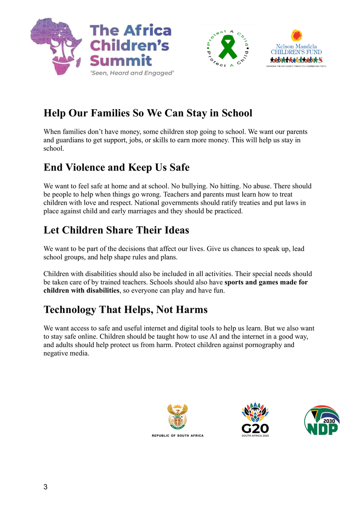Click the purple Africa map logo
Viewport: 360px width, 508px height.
click(x=58, y=46)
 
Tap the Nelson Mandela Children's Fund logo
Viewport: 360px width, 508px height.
click(x=296, y=49)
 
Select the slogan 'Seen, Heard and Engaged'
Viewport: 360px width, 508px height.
click(x=132, y=73)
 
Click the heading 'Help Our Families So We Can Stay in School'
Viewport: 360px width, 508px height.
click(x=148, y=113)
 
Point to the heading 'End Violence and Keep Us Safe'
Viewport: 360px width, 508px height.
click(x=116, y=168)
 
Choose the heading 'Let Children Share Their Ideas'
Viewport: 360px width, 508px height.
click(x=116, y=230)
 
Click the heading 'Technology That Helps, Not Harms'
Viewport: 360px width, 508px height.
click(x=125, y=310)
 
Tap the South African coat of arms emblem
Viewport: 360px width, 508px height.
click(x=177, y=417)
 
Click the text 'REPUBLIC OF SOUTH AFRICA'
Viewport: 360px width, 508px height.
click(x=177, y=436)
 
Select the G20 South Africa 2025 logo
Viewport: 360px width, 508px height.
click(x=255, y=420)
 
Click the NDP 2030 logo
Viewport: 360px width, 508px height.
click(x=322, y=420)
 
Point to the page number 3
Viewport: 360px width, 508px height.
click(x=46, y=487)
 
